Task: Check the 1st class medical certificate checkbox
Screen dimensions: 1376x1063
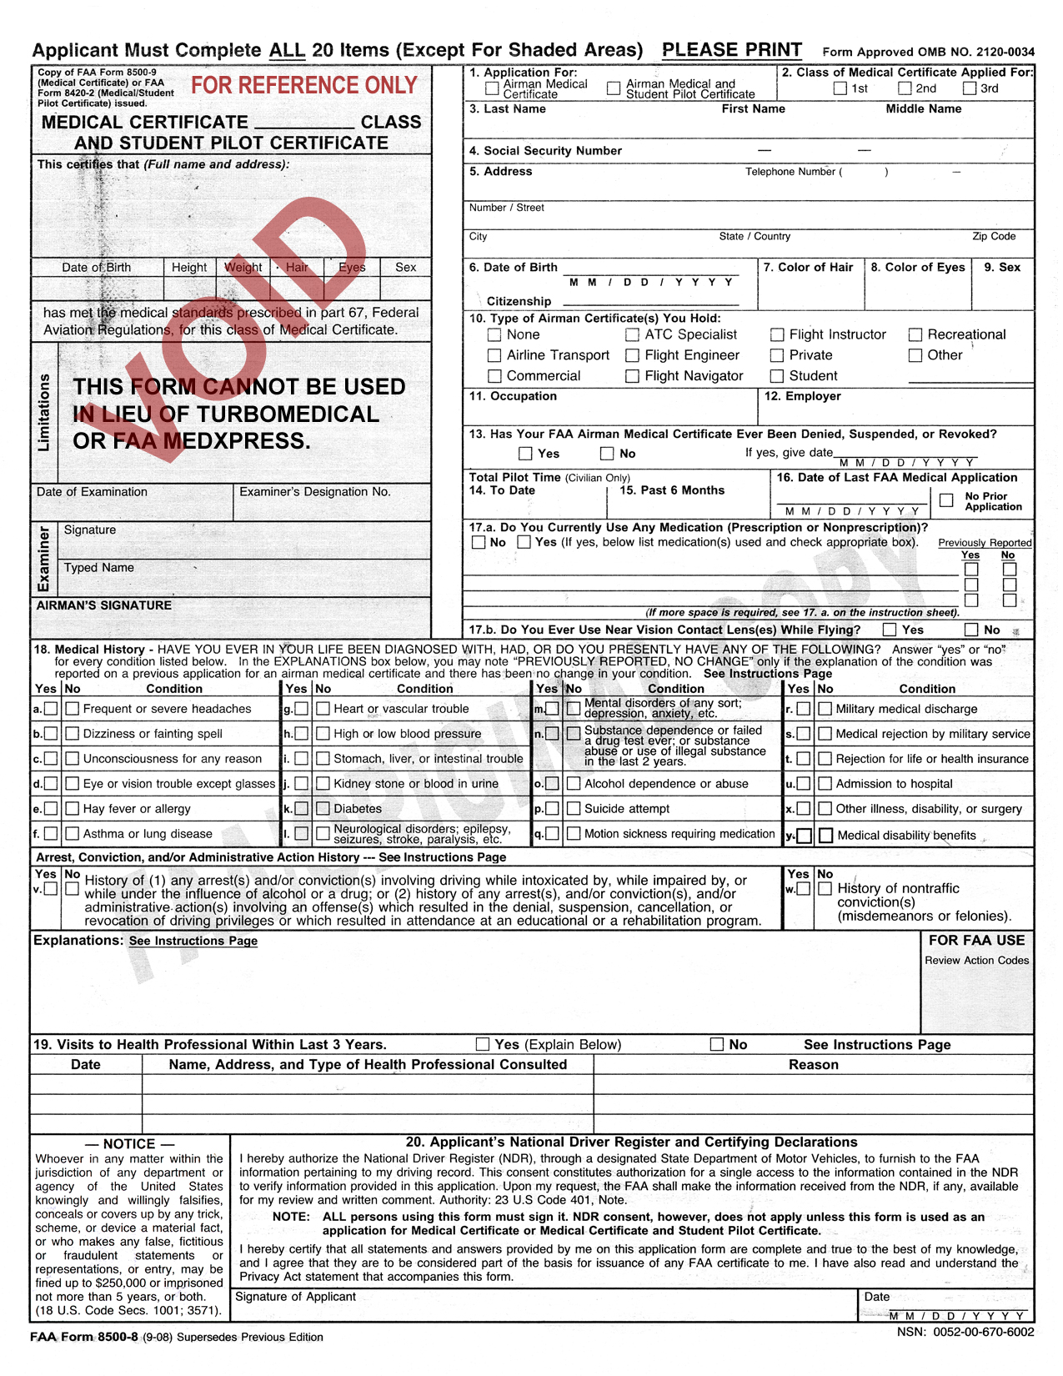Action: pyautogui.click(x=840, y=88)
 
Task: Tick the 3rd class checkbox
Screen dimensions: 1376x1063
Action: pyautogui.click(x=970, y=88)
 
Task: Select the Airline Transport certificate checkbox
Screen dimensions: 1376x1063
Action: pyautogui.click(x=494, y=355)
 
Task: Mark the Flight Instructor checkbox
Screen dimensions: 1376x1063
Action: pyautogui.click(x=777, y=334)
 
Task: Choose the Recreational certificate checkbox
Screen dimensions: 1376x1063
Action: pyautogui.click(x=915, y=334)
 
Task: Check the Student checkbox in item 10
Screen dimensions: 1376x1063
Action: pyautogui.click(x=777, y=376)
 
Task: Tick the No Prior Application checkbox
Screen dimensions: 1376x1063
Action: pyautogui.click(x=946, y=500)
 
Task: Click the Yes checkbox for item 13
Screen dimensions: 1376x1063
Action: pyautogui.click(x=525, y=454)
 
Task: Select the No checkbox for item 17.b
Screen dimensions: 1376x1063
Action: pyautogui.click(x=971, y=630)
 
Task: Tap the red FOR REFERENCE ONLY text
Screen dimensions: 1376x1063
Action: pyautogui.click(x=304, y=85)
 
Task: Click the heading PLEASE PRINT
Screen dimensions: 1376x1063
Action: pyautogui.click(x=732, y=50)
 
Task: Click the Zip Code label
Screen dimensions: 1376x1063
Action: pyautogui.click(x=994, y=236)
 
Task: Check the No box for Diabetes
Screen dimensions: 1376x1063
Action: pyautogui.click(x=323, y=808)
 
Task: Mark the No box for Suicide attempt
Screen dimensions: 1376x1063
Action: pyautogui.click(x=574, y=808)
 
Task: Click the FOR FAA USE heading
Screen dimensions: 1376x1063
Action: pyautogui.click(x=976, y=940)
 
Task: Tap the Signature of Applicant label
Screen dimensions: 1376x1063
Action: pyautogui.click(x=295, y=1297)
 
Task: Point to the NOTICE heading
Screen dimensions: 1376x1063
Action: pyautogui.click(x=128, y=1144)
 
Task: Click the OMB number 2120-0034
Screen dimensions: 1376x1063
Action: pyautogui.click(x=1000, y=52)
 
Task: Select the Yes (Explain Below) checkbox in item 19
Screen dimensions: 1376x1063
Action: pyautogui.click(x=483, y=1044)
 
